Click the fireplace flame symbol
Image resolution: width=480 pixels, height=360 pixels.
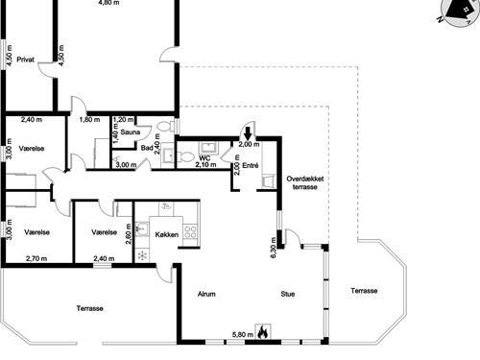pos(263,332)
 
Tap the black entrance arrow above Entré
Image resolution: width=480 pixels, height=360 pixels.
pos(248,132)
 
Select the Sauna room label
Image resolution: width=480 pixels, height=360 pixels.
pos(131,132)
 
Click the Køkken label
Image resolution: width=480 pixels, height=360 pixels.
pos(167,234)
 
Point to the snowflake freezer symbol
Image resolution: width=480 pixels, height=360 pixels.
pos(142,255)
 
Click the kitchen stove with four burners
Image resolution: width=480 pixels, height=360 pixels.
pos(190,231)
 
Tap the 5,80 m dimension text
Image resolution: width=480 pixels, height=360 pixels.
pos(243,335)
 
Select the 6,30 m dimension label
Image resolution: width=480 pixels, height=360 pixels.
pos(273,248)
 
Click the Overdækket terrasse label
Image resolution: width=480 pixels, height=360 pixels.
pos(305,182)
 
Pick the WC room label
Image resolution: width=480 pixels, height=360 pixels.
pos(204,158)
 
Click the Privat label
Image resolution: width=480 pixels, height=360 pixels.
pos(25,60)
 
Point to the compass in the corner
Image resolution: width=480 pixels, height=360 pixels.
pos(459,12)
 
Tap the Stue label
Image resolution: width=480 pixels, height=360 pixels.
pos(288,294)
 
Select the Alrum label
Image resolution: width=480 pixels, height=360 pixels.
pos(206,294)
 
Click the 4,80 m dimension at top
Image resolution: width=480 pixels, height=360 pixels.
pos(109,3)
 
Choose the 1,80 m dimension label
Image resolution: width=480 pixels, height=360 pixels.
pos(89,120)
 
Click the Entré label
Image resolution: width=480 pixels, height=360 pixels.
pos(251,165)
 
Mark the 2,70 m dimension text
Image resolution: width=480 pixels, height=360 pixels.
pos(36,258)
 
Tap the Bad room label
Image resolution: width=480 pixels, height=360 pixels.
pos(147,148)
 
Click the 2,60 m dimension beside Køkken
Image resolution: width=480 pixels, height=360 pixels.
pos(129,233)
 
